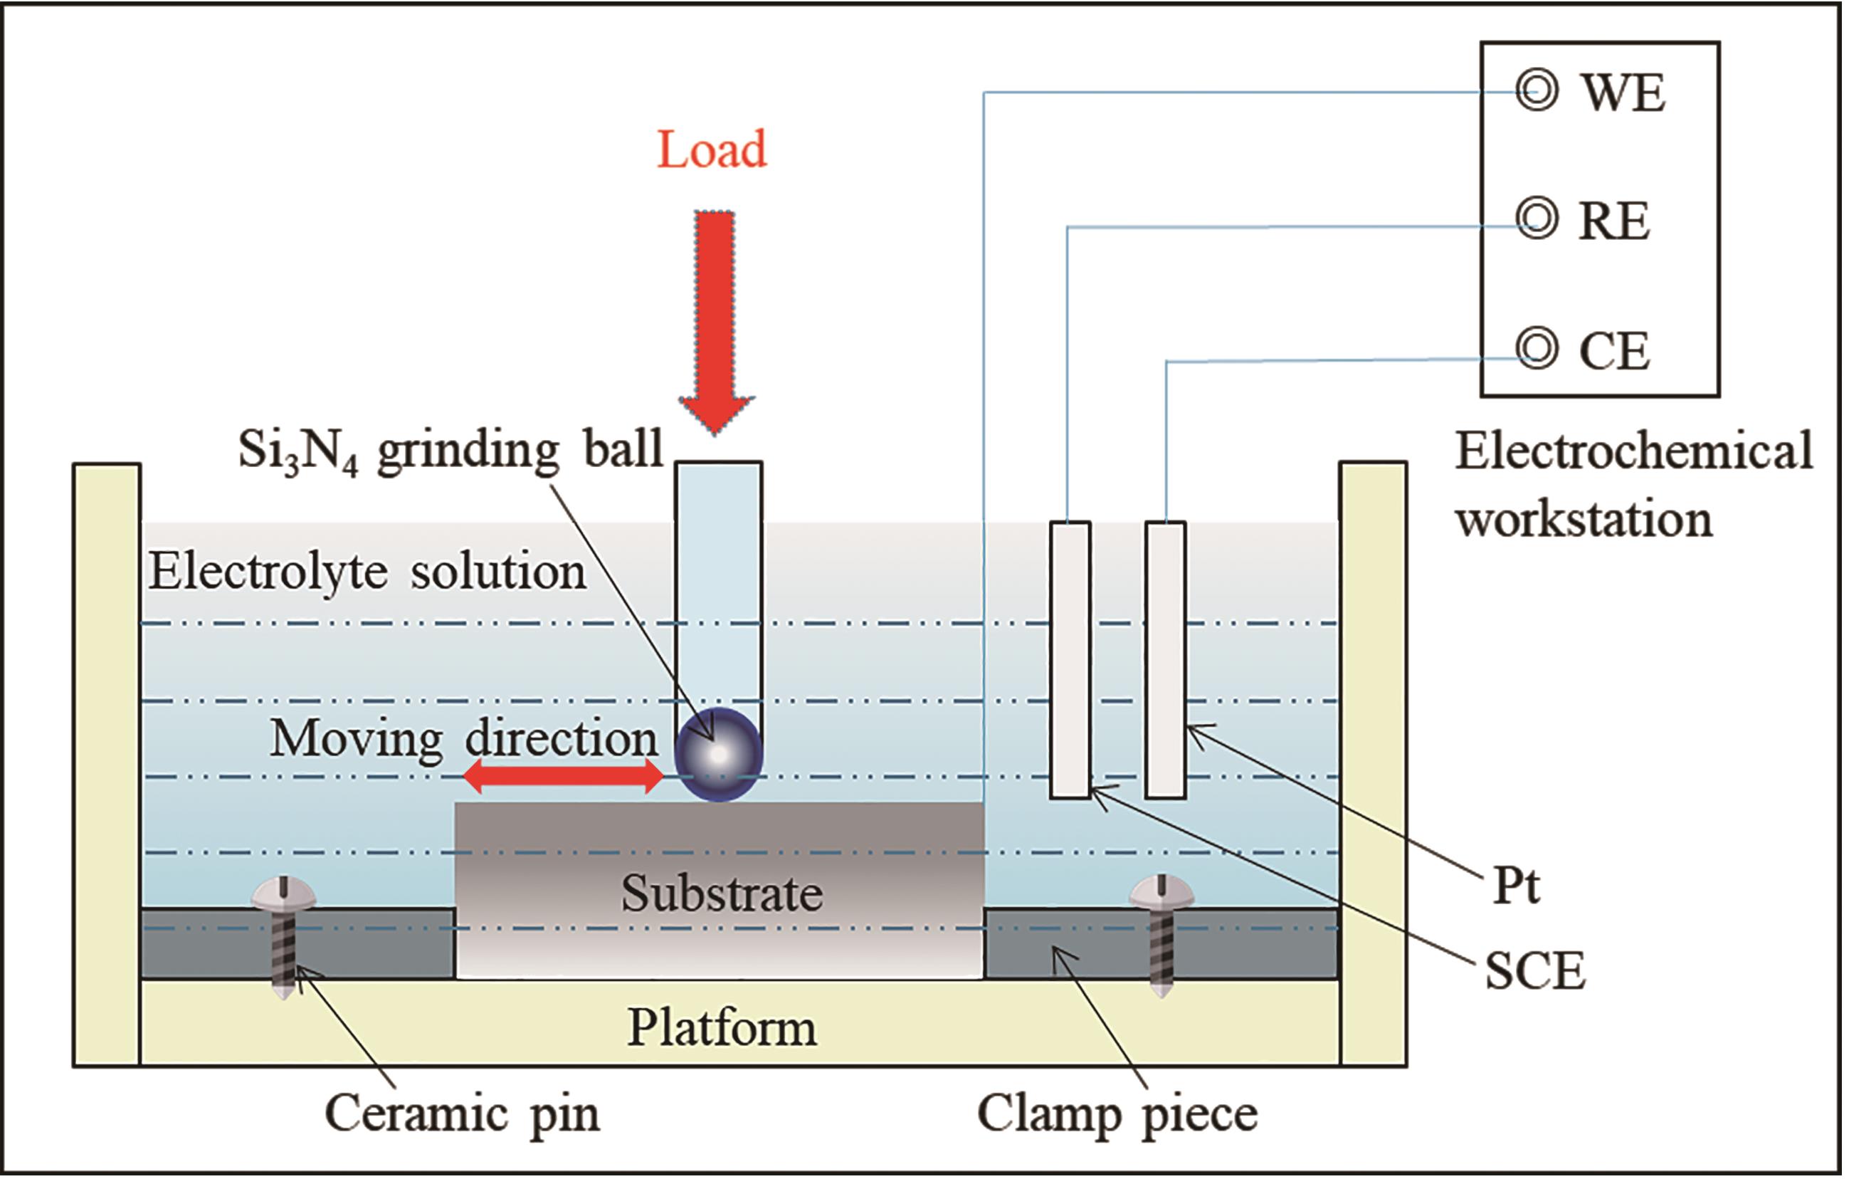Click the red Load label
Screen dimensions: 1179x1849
coord(712,149)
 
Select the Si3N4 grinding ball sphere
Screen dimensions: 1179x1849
coord(718,754)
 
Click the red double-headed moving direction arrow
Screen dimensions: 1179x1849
coord(563,778)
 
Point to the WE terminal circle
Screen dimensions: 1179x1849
coord(1537,92)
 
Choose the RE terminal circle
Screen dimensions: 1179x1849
coord(1537,220)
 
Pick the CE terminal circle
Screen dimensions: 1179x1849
coord(1537,350)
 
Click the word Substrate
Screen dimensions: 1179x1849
coord(722,894)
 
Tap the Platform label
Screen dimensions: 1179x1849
coord(722,1027)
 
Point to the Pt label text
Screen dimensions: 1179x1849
coord(1516,886)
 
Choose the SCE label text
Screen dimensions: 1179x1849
coord(1535,971)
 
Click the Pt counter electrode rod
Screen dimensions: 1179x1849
coord(1166,661)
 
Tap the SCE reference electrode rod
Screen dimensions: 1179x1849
coord(1070,661)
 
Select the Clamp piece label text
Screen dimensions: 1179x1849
coord(1117,1114)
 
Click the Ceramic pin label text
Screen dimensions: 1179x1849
coord(461,1113)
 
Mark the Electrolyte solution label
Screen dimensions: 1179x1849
coord(367,572)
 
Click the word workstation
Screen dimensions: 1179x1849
coord(1584,520)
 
